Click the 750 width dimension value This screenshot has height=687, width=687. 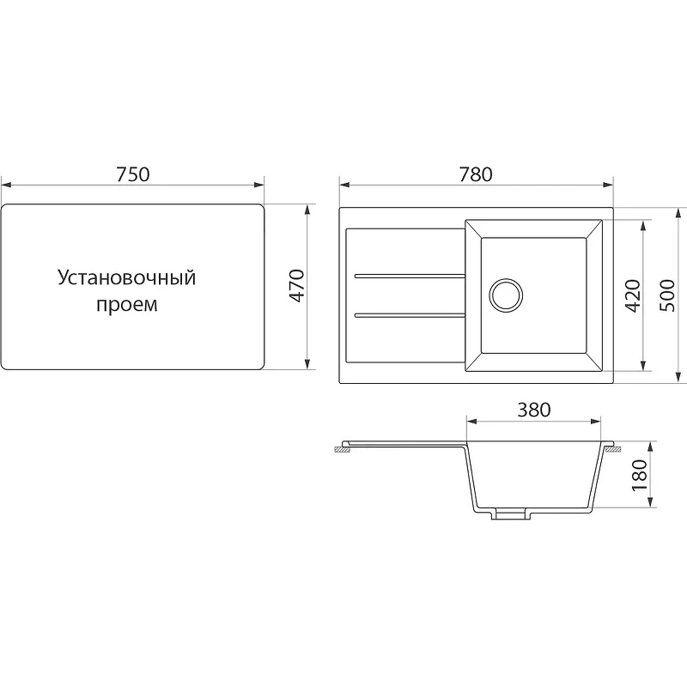[133, 174]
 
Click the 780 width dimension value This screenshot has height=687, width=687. [476, 174]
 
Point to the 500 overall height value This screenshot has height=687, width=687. [667, 295]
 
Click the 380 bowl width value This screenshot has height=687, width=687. [533, 410]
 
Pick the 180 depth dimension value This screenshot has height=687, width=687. [640, 475]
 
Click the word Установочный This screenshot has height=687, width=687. [126, 278]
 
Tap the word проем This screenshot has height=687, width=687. [126, 305]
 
